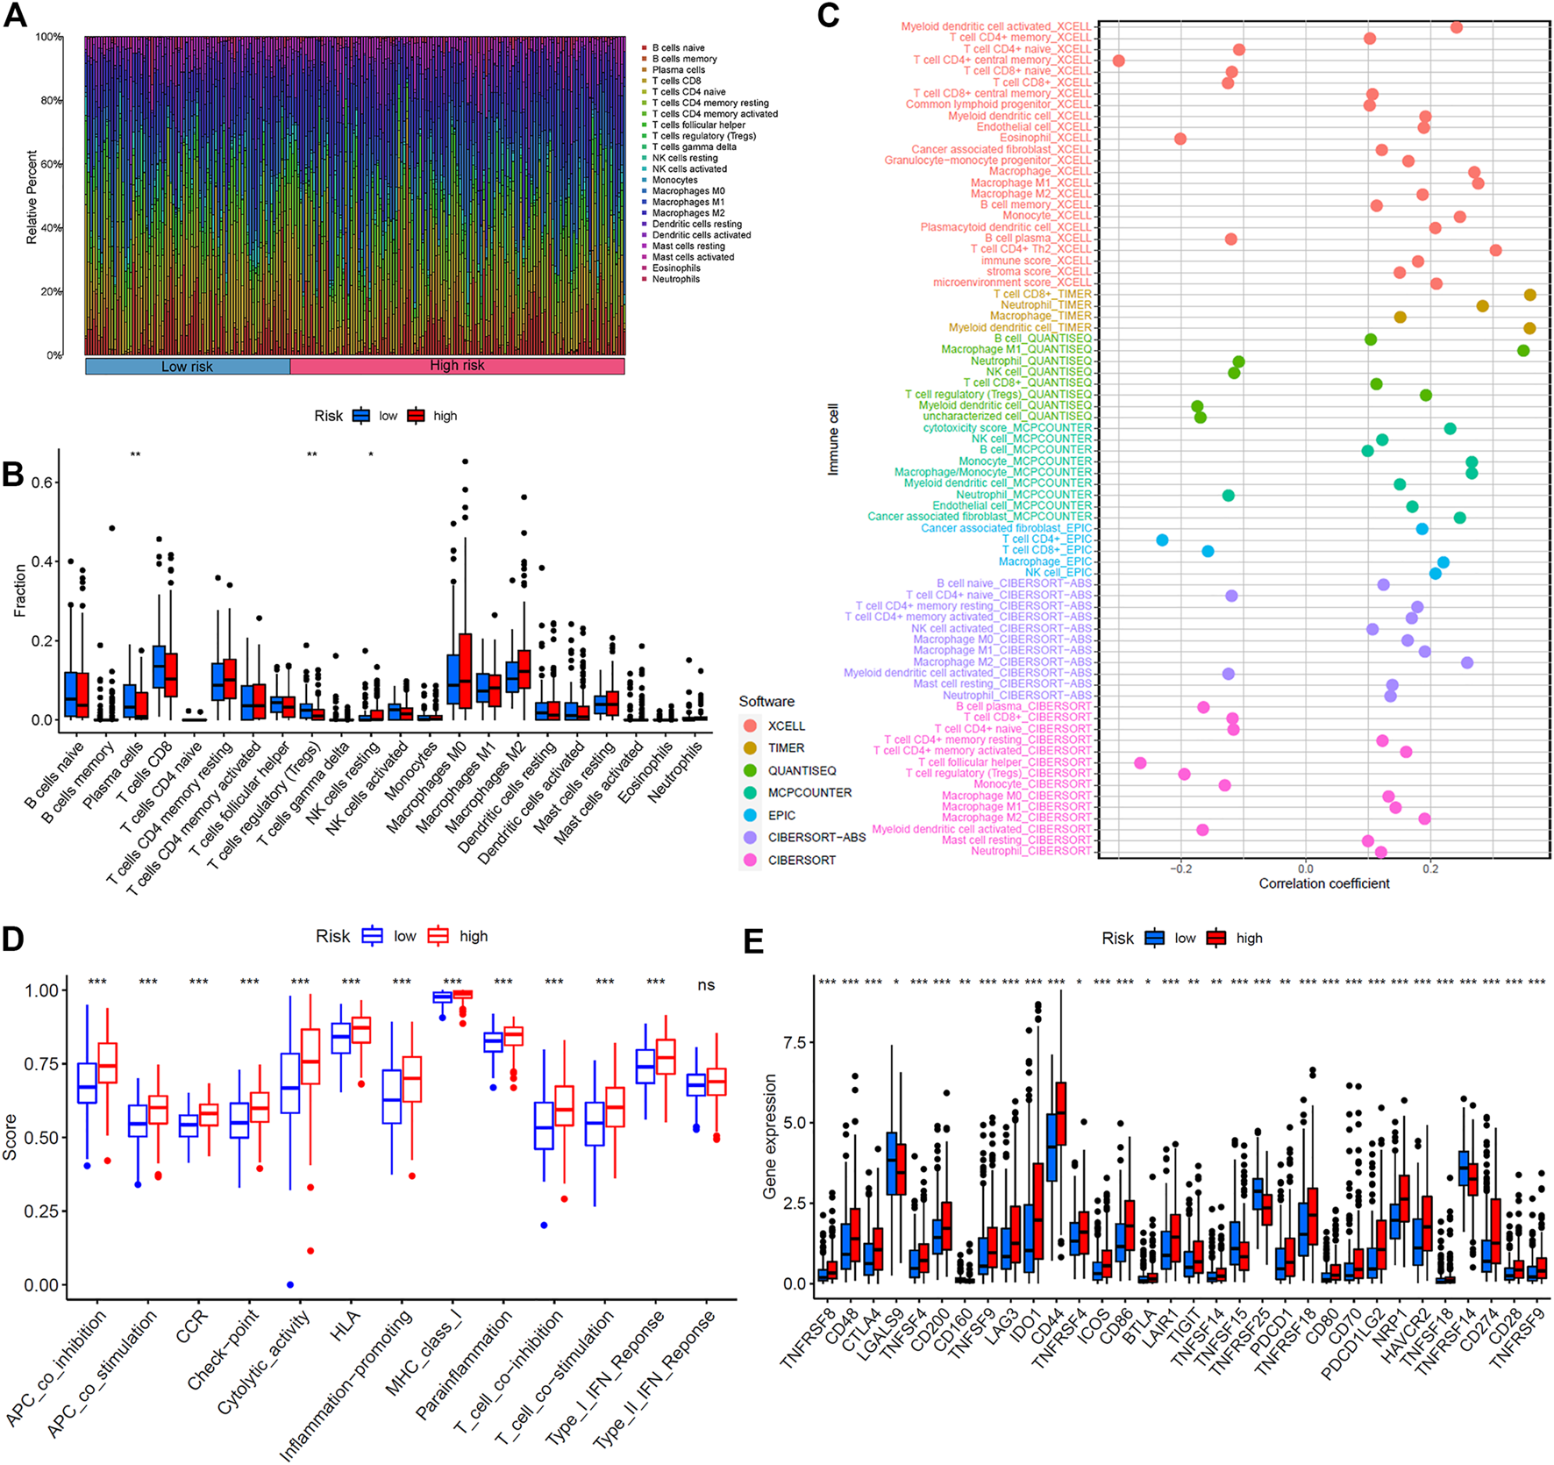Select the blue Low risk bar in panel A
[187, 367]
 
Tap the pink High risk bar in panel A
[457, 366]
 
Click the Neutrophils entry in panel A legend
[675, 279]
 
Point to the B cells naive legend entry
[678, 48]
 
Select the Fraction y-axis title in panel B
[20, 590]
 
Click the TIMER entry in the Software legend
[786, 748]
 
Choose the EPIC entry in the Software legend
[781, 815]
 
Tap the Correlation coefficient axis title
[1323, 883]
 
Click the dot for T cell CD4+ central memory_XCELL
[1118, 61]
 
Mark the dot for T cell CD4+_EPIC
[1162, 540]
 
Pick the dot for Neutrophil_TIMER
[1482, 306]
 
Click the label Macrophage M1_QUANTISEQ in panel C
[1016, 349]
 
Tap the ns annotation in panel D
[706, 985]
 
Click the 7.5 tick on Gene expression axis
[795, 1042]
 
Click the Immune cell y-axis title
[833, 439]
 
